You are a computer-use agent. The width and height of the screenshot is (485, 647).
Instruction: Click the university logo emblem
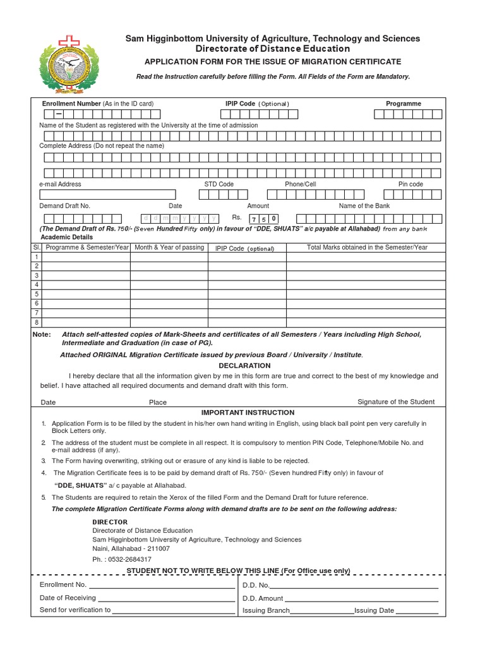click(x=69, y=67)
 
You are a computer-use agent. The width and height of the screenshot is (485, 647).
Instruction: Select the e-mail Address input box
click(x=107, y=195)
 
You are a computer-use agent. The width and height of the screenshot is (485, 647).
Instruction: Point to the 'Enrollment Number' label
click(x=71, y=104)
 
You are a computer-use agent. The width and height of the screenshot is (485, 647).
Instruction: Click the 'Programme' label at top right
click(x=404, y=104)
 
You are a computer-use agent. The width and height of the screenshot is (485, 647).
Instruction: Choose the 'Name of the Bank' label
click(x=364, y=206)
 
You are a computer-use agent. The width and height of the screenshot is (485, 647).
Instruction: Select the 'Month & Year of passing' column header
click(x=169, y=248)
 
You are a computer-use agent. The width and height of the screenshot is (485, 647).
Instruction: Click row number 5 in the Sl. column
click(x=37, y=294)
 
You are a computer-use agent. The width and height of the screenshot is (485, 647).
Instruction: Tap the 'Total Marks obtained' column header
click(x=367, y=248)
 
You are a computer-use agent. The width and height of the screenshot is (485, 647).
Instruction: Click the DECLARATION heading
click(x=244, y=365)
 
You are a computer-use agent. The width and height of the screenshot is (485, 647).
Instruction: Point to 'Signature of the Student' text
click(x=396, y=402)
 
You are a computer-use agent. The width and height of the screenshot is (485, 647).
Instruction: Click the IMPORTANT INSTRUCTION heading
click(x=248, y=413)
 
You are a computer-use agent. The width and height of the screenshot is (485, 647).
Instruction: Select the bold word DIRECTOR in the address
click(x=110, y=522)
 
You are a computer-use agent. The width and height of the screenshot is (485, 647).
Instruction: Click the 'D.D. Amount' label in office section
click(x=263, y=598)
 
